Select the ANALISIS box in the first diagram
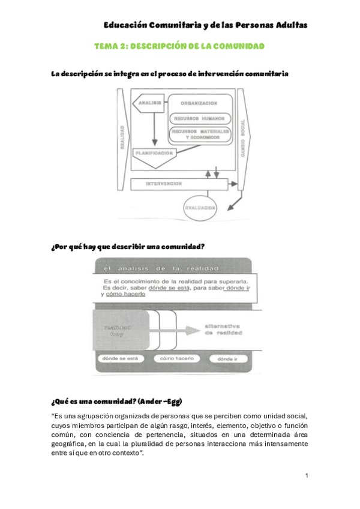point(149,103)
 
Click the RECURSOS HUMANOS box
point(202,118)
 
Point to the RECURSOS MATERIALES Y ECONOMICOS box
point(202,133)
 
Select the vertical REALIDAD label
point(122,139)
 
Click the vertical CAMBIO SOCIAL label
point(243,139)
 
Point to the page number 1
point(306,476)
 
